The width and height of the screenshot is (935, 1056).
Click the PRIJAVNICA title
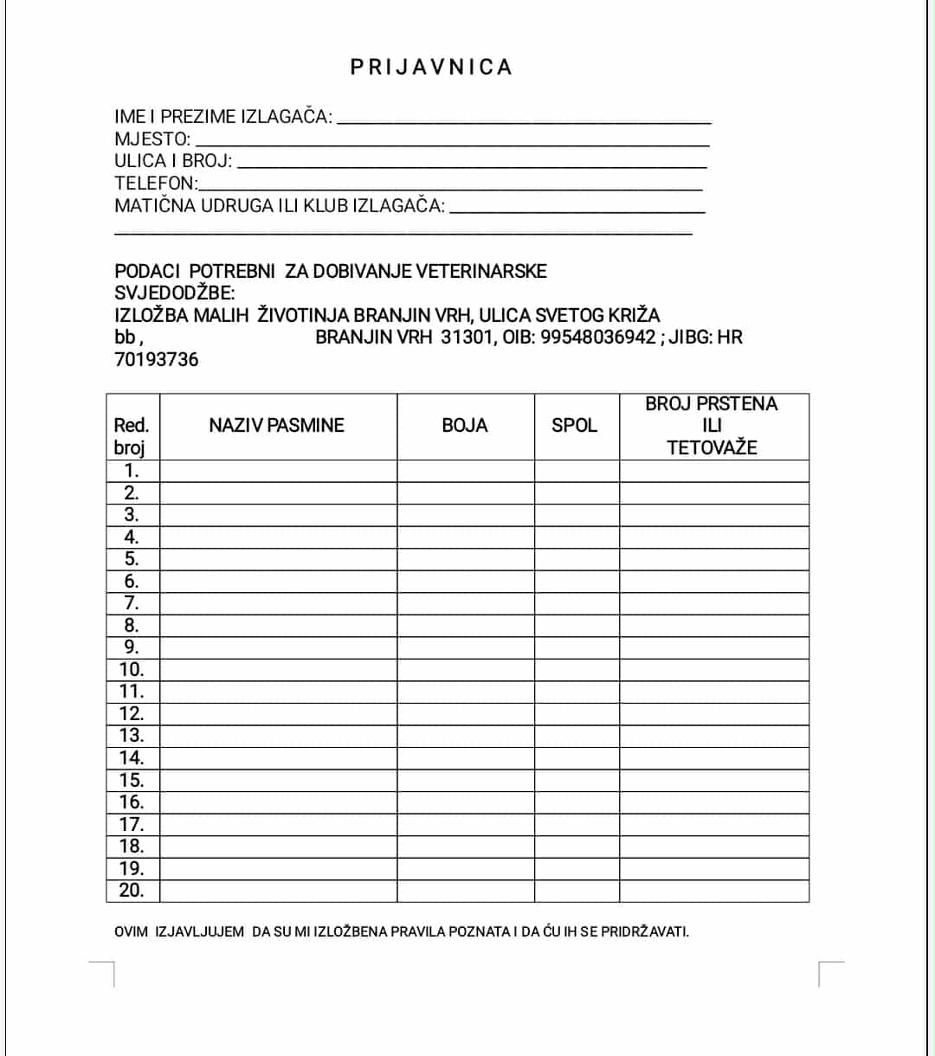431,68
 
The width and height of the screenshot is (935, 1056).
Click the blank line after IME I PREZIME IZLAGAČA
524,119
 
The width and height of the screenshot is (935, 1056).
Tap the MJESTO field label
152,139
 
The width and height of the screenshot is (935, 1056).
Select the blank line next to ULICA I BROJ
472,163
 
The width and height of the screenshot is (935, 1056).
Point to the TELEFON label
156,184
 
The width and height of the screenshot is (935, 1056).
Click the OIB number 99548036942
598,337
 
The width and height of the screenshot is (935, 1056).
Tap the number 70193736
157,359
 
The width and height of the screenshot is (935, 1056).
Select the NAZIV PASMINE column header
276,425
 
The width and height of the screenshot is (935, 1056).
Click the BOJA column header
465,425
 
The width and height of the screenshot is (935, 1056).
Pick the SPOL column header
575,425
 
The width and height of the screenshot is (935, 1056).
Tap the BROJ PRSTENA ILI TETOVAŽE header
712,425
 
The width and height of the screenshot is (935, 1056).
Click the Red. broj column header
132,435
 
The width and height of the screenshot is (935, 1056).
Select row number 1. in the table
132,471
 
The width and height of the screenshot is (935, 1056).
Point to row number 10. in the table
132,669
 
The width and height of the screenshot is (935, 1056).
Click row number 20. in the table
132,890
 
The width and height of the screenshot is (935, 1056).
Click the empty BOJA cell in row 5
465,559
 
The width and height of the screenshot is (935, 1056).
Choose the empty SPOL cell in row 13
576,736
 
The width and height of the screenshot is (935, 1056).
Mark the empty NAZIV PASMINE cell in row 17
278,824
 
